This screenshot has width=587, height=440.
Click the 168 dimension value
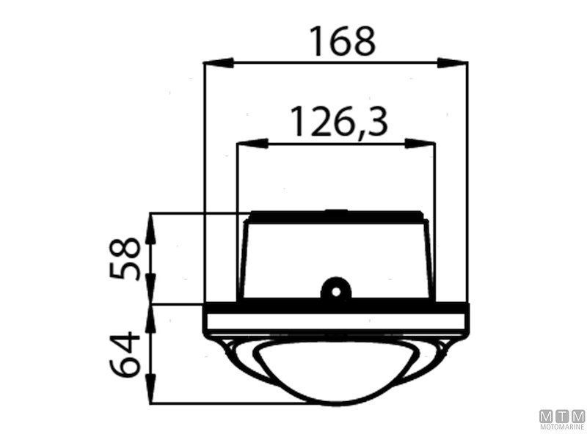[x=342, y=41]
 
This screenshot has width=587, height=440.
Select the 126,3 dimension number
[x=339, y=122]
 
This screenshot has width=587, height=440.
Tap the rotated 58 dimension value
[x=125, y=258]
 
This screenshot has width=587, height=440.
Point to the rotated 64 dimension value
[x=125, y=353]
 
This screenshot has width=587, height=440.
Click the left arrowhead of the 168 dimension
[x=219, y=63]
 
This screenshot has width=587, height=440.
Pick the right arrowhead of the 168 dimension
[x=452, y=63]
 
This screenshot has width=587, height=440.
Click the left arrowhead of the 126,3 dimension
[x=252, y=143]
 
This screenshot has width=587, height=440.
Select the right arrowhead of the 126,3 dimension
[x=420, y=143]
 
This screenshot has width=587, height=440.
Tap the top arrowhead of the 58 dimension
[x=150, y=229]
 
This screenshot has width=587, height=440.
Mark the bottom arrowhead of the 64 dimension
[x=150, y=388]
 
